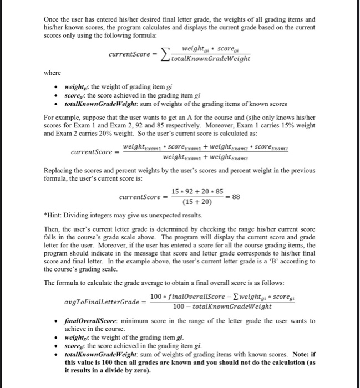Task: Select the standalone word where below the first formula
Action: tap(53, 73)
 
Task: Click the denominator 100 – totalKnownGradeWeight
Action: tap(222, 307)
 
